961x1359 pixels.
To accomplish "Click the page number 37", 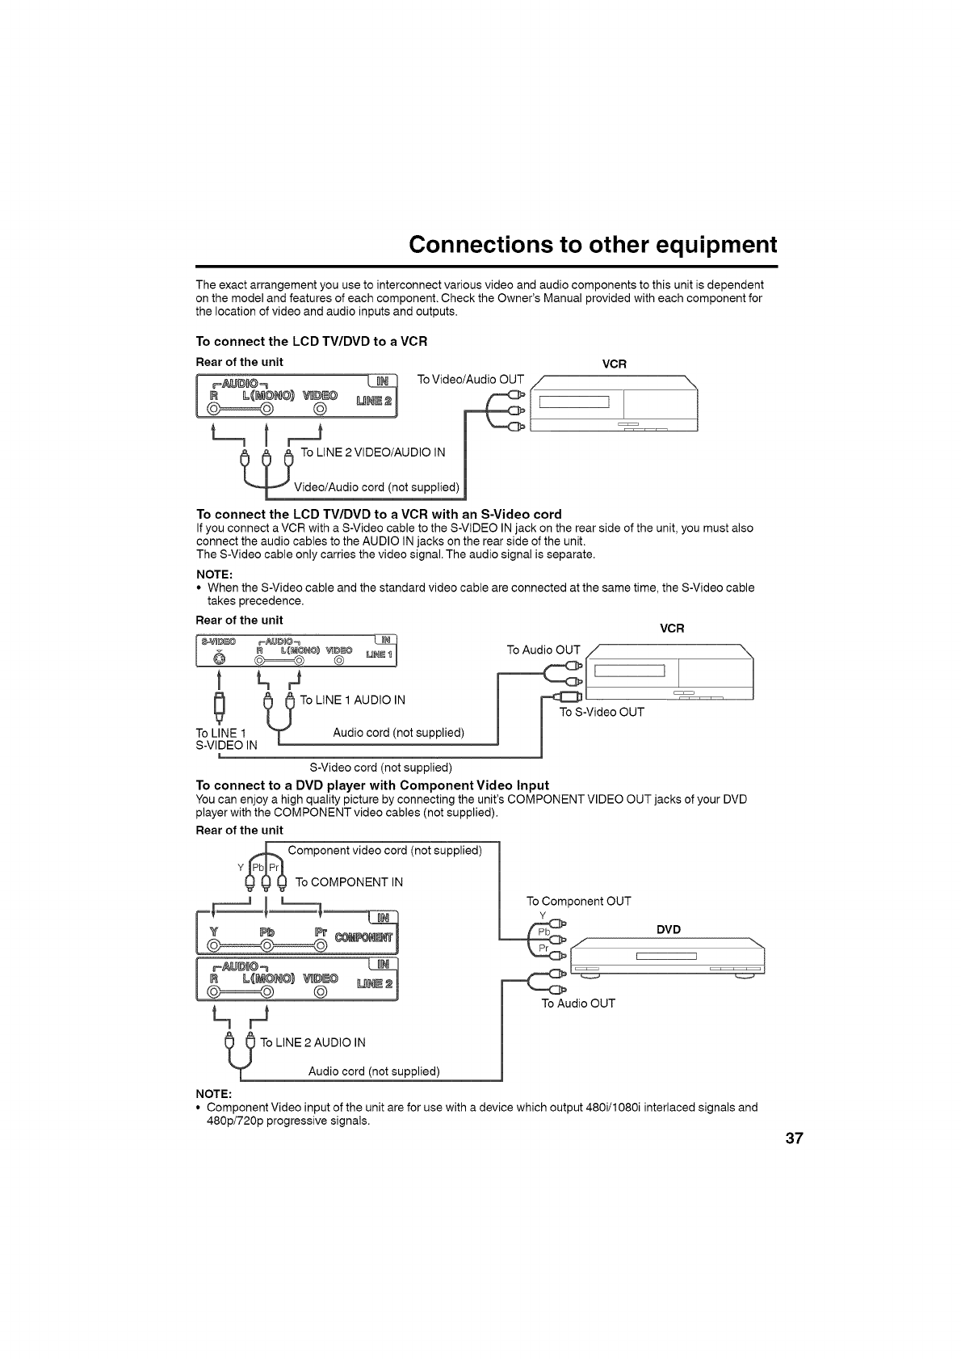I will (x=794, y=1138).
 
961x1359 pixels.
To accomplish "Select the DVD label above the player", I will (x=669, y=929).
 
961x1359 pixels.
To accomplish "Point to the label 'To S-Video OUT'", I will (x=602, y=712).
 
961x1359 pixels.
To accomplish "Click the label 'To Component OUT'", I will (x=578, y=901).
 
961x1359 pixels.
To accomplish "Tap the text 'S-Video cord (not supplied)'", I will (x=380, y=767).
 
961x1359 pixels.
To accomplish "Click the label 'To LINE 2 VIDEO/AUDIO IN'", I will (x=372, y=452).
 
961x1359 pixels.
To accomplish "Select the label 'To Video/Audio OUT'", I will (x=470, y=380).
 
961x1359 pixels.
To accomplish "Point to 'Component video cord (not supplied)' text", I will (x=384, y=850).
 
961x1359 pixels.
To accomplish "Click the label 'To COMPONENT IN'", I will (x=349, y=881).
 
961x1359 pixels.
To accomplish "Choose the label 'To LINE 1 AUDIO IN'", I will (x=352, y=700).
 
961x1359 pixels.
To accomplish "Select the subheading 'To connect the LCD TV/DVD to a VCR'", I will (x=311, y=341).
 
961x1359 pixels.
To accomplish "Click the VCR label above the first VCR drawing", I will (x=615, y=364).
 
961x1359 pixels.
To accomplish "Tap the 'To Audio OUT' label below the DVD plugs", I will (x=577, y=1003).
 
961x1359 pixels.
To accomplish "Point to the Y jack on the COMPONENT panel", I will (x=214, y=945).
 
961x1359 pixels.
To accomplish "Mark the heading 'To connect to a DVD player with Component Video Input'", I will (x=372, y=785).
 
